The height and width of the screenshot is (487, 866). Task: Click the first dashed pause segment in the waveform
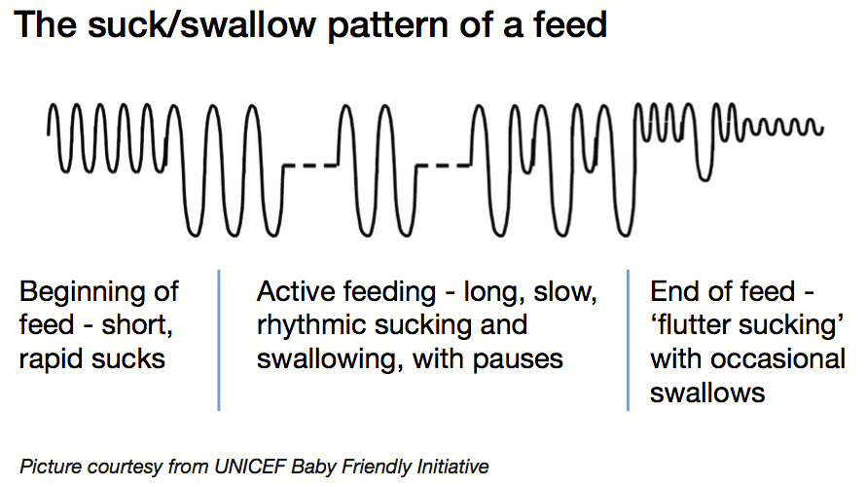pos(308,167)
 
